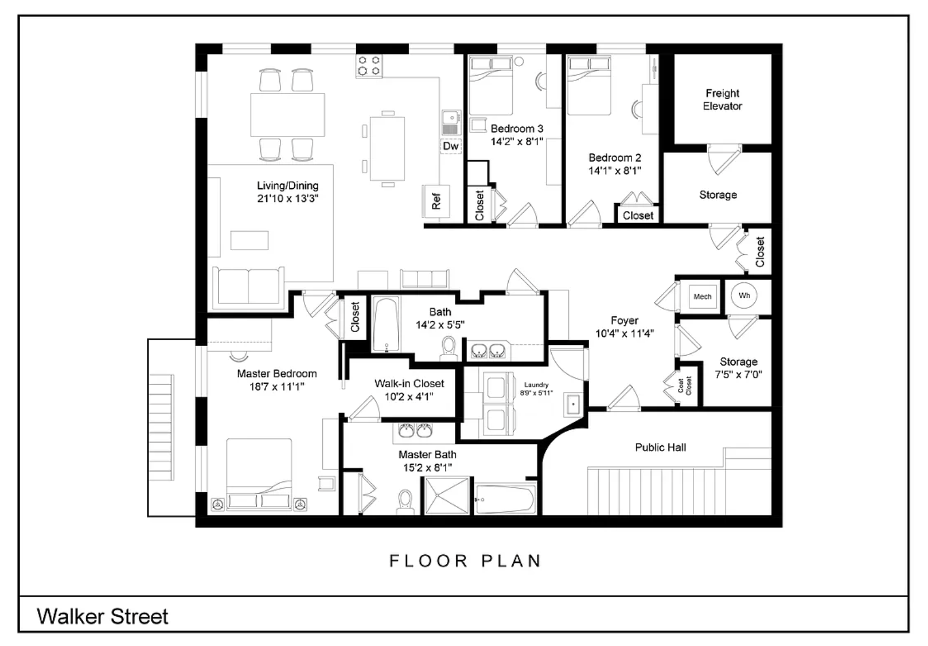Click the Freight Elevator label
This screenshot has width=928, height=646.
point(722,99)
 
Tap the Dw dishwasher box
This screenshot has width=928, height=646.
point(451,146)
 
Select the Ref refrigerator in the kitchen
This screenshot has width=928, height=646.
point(436,201)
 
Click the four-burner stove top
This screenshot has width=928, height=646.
point(369,67)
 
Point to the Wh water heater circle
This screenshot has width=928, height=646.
point(744,296)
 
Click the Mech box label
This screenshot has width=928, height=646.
point(703,297)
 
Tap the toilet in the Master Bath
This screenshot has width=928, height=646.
point(405,502)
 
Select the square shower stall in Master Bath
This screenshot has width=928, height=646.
point(447,496)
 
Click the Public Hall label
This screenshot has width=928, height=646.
point(660,447)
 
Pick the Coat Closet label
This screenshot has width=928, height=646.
point(684,386)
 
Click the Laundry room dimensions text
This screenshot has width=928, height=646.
point(536,393)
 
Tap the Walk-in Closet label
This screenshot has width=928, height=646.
point(410,384)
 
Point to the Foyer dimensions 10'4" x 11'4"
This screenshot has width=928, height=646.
point(625,333)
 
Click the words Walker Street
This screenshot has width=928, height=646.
point(103,617)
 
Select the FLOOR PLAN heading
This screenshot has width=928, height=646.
point(465,561)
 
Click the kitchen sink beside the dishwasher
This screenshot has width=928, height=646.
point(451,122)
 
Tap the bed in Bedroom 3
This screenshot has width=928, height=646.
point(490,86)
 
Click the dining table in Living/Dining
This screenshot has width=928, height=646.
point(287,115)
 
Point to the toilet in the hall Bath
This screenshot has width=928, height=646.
point(449,348)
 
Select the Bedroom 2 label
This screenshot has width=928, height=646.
point(615,158)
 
